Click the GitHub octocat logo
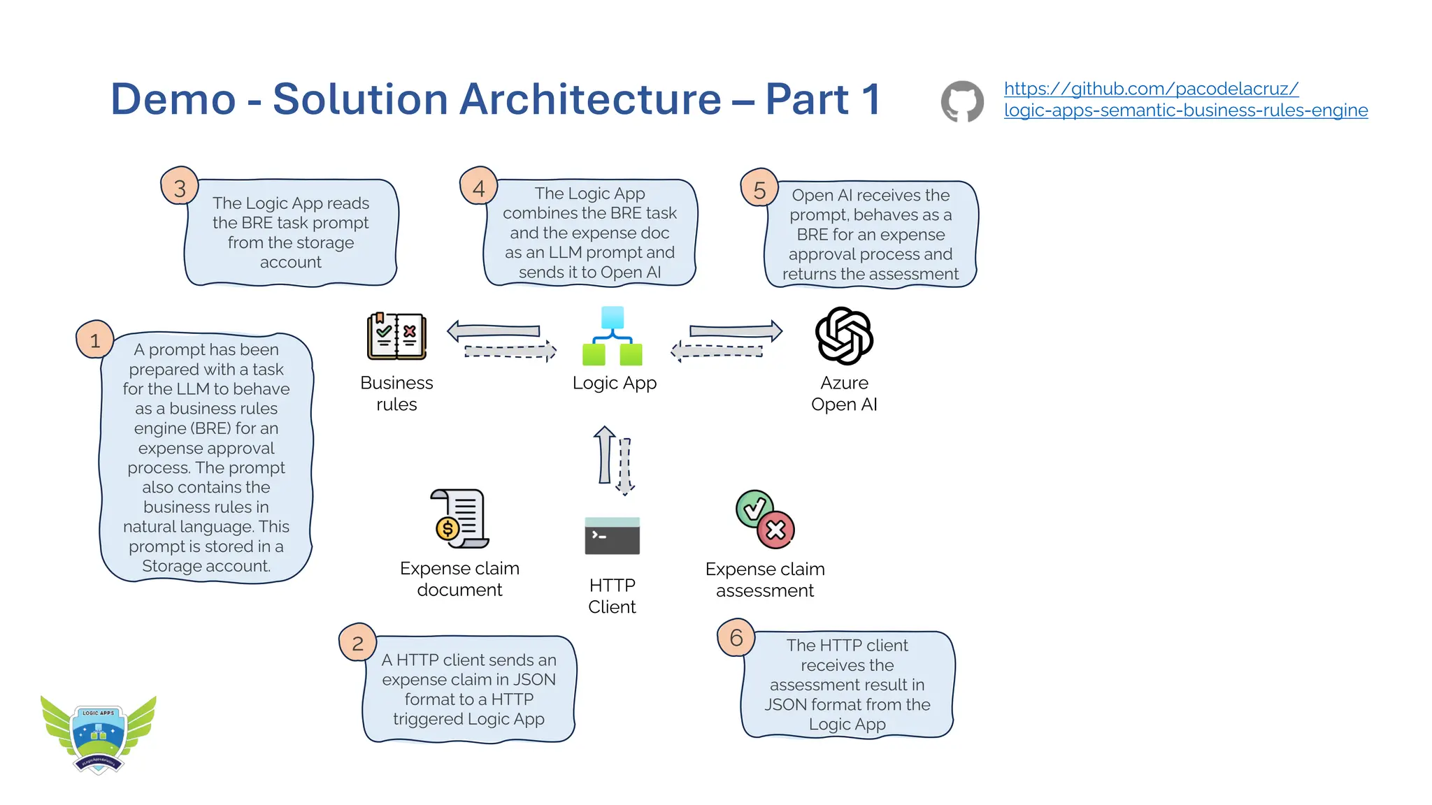coord(962,101)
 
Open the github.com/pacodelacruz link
coord(1151,89)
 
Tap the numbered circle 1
coord(95,340)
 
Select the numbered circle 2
coord(357,643)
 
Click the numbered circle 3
coord(180,187)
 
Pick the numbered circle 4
coord(479,187)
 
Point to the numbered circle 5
coord(759,189)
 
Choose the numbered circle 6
coord(736,637)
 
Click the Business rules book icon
coord(396,336)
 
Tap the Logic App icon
coord(613,336)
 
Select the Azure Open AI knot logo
coord(844,336)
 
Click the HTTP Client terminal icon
coord(612,536)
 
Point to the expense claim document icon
coord(459,518)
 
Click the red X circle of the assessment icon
coord(776,530)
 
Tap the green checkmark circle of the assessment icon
coord(754,508)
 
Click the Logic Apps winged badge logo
coord(99,734)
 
